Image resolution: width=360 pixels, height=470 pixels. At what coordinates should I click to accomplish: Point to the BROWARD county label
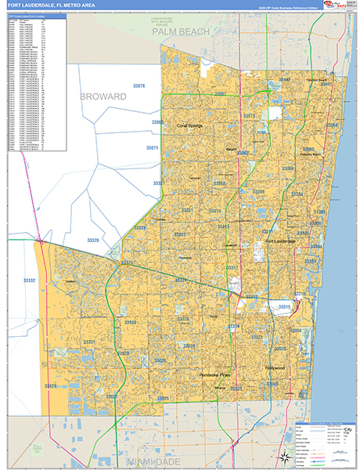[103, 96]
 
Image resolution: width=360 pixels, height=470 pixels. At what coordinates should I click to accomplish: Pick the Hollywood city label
[275, 367]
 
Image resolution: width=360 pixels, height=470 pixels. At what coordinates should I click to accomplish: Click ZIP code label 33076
[139, 85]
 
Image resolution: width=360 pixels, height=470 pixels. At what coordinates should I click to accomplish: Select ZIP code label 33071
[152, 148]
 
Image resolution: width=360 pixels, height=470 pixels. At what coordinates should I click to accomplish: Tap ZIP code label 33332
[30, 280]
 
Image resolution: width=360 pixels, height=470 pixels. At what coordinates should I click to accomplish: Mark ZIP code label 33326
[93, 240]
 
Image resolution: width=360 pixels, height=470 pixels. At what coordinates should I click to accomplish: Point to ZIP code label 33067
[221, 94]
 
